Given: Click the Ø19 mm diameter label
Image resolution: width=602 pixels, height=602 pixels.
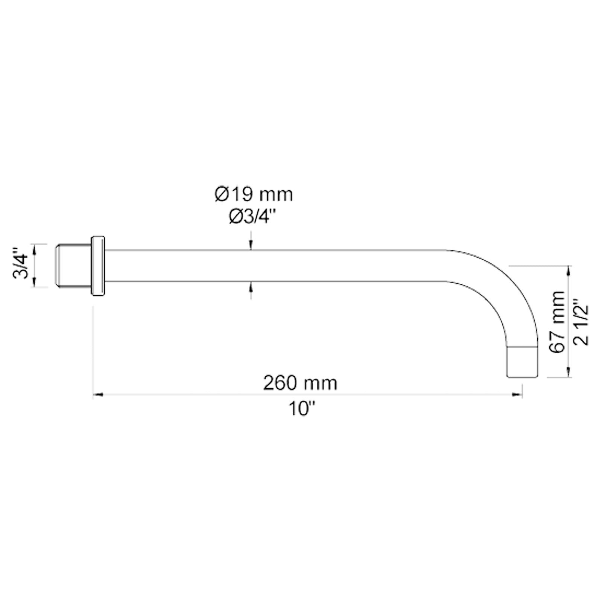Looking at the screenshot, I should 254,195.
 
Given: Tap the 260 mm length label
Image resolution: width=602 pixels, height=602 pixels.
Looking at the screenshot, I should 300,383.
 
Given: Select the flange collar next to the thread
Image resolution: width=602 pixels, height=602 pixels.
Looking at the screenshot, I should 98,266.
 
